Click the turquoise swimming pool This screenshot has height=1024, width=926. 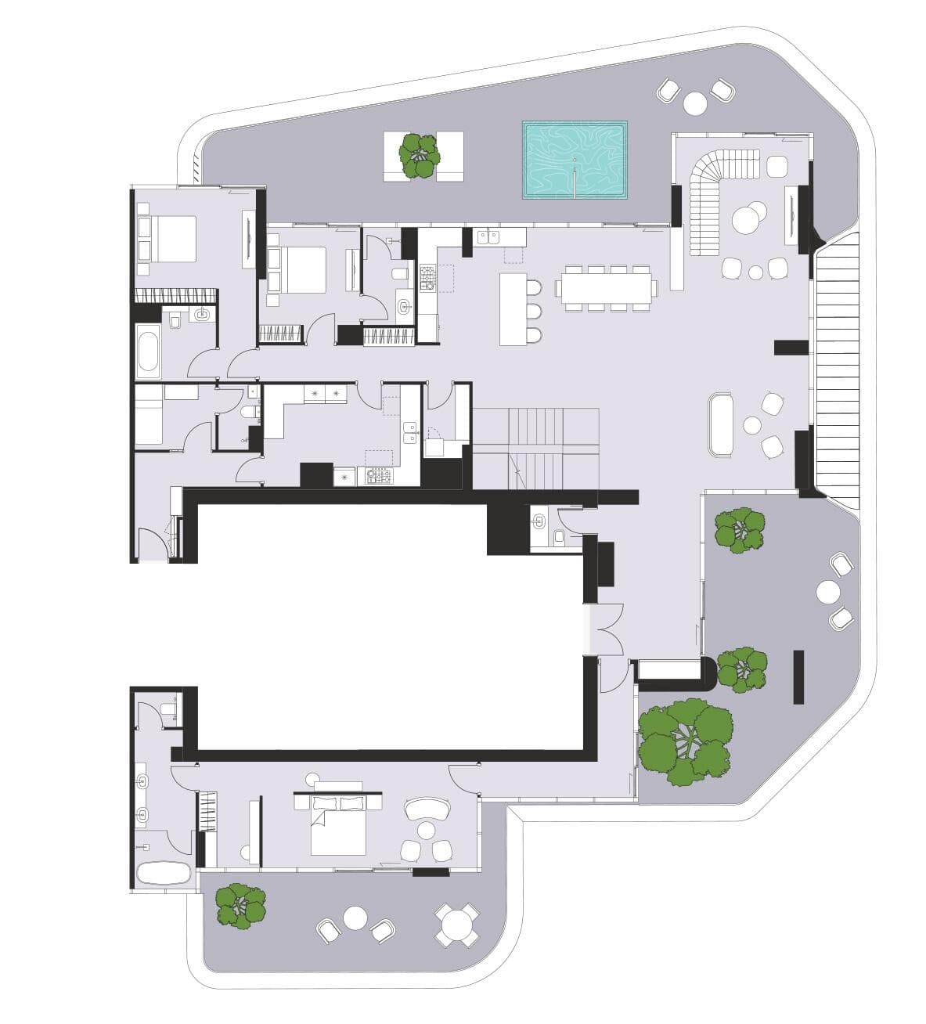pyautogui.click(x=575, y=160)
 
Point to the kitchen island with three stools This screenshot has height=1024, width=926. pyautogui.click(x=513, y=308)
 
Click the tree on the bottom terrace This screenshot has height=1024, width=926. pyautogui.click(x=240, y=906)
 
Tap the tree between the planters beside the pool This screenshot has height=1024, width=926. pyautogui.click(x=421, y=155)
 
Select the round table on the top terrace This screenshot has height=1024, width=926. pyautogui.click(x=695, y=103)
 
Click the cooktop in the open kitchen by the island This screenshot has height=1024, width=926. pyautogui.click(x=427, y=279)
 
